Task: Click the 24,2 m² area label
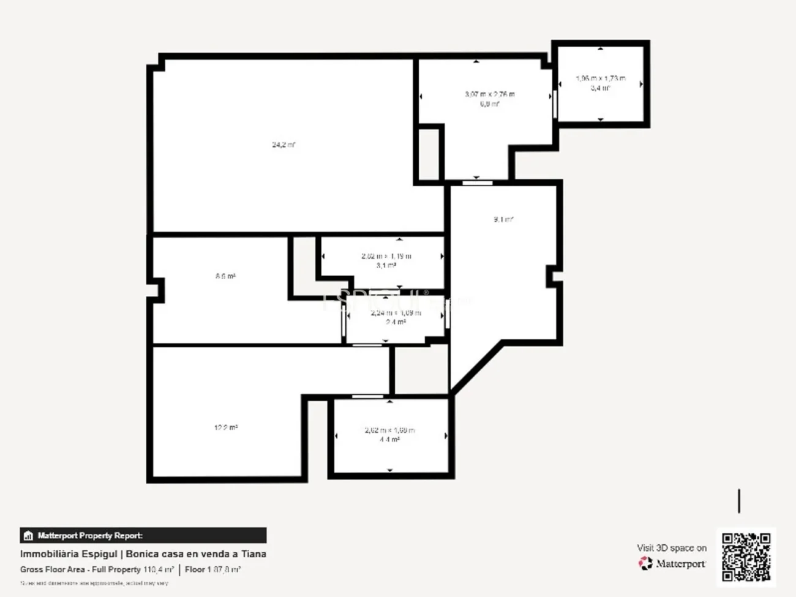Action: pyautogui.click(x=283, y=145)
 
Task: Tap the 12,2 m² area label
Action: pyautogui.click(x=226, y=427)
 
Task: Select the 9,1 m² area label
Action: pyautogui.click(x=503, y=219)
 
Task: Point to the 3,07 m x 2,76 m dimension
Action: pyautogui.click(x=490, y=94)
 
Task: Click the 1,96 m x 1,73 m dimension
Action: pyautogui.click(x=601, y=78)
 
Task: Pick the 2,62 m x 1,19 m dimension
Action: pyautogui.click(x=386, y=256)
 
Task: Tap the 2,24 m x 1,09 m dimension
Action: pyautogui.click(x=396, y=313)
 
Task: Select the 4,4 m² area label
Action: pyautogui.click(x=390, y=440)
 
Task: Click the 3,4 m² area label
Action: pyautogui.click(x=601, y=88)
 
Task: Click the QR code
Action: pyautogui.click(x=746, y=557)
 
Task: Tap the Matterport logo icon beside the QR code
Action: pyautogui.click(x=645, y=563)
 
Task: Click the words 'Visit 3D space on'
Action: pyautogui.click(x=672, y=548)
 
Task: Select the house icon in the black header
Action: pyautogui.click(x=28, y=536)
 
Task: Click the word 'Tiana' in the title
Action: pyautogui.click(x=253, y=554)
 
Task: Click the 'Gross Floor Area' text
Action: pyautogui.click(x=53, y=569)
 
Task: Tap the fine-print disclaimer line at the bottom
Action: pyautogui.click(x=94, y=584)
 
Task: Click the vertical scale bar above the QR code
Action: pyautogui.click(x=739, y=501)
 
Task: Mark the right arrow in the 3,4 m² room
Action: pyautogui.click(x=641, y=84)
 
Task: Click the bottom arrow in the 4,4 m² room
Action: pyautogui.click(x=390, y=470)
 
